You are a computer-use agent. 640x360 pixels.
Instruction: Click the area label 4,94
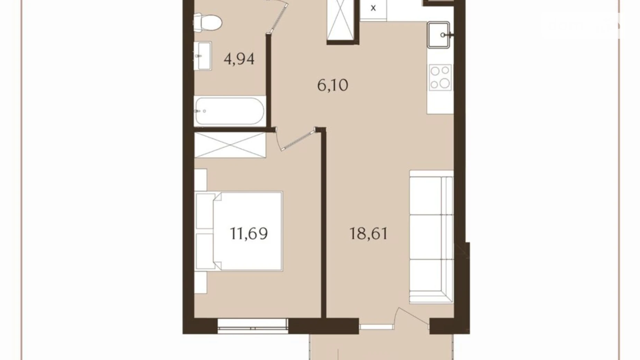pos(239,59)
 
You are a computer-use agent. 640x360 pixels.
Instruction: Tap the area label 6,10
pos(332,85)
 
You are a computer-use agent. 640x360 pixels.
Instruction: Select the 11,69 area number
pos(249,234)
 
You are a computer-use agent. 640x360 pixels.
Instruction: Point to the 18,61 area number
pos(368,234)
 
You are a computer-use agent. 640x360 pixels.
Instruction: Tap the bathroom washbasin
pos(202,56)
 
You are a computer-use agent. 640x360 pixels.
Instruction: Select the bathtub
pos(230,111)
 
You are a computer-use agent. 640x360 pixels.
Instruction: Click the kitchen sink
pos(438,35)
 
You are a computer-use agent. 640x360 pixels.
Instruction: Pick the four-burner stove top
pos(440,77)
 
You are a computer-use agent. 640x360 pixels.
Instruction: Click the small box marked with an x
pos(373,8)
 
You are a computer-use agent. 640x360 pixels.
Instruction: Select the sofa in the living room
pos(431,237)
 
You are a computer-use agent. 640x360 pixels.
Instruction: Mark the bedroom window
pos(253,326)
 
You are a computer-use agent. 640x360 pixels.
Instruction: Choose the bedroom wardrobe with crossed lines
pos(230,145)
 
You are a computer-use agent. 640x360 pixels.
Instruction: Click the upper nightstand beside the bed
pos(201,180)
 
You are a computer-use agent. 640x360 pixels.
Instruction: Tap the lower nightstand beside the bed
pos(201,282)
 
